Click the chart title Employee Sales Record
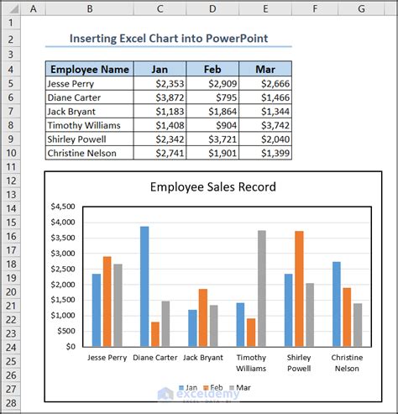click(x=213, y=186)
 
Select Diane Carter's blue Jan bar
click(x=144, y=286)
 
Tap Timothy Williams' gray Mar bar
click(x=262, y=288)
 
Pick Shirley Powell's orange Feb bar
click(x=299, y=289)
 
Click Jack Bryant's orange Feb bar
click(x=203, y=317)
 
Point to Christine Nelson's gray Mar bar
click(x=358, y=325)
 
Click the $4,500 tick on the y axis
click(x=63, y=207)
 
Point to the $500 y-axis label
click(x=66, y=331)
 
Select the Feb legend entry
click(x=213, y=388)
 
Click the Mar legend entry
click(x=240, y=388)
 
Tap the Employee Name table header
click(x=90, y=69)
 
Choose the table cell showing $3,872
click(x=160, y=97)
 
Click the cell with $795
click(x=212, y=97)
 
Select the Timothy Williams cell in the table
click(x=90, y=125)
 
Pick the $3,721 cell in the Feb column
click(x=212, y=139)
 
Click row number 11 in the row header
click(x=11, y=167)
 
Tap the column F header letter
click(x=315, y=8)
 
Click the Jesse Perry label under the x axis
click(x=107, y=358)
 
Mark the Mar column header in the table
click(x=265, y=69)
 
